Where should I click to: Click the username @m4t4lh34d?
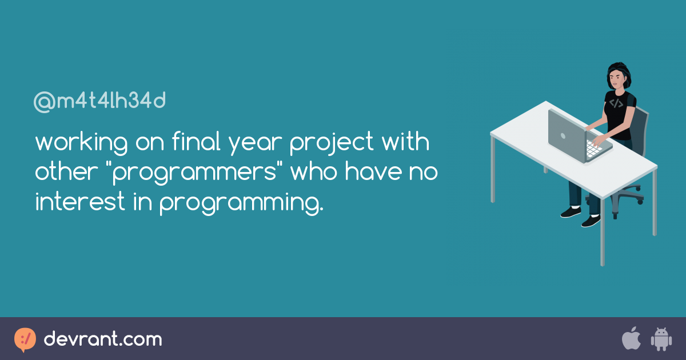click(x=100, y=102)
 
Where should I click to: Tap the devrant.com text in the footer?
click(x=103, y=339)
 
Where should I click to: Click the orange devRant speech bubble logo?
click(x=25, y=339)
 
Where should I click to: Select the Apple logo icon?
click(x=631, y=338)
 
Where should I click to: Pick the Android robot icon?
click(x=661, y=339)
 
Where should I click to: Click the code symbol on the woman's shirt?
click(x=616, y=103)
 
